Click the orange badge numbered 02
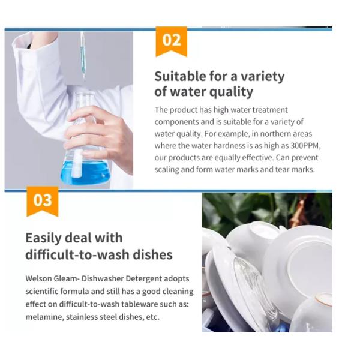click(171, 41)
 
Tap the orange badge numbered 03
click(43, 201)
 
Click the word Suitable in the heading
click(180, 76)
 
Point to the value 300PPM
click(305, 146)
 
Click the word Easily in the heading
click(44, 238)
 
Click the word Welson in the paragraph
click(38, 278)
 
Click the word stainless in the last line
click(82, 317)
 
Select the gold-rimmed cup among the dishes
click(313, 312)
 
